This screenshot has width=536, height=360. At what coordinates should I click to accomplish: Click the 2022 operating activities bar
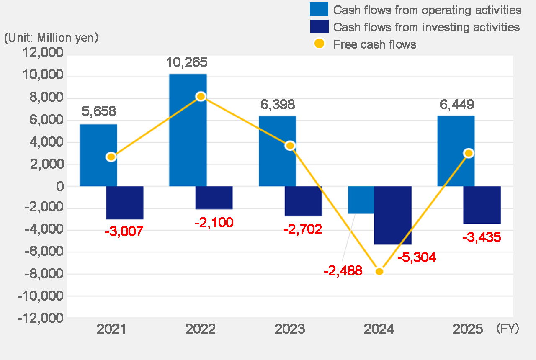(x=188, y=130)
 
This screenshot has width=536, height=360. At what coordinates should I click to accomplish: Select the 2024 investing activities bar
(x=392, y=215)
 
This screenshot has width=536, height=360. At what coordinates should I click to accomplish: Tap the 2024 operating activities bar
(x=361, y=200)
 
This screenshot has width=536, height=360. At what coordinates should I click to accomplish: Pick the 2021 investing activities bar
(x=125, y=203)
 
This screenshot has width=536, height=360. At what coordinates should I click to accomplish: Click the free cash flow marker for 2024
(x=379, y=271)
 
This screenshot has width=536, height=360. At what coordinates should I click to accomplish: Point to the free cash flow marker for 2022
(x=201, y=96)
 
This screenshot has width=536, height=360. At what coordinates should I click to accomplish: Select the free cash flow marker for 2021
(x=111, y=157)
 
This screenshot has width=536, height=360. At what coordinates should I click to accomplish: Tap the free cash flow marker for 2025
(x=469, y=153)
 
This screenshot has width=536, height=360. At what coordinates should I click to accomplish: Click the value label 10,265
(x=187, y=63)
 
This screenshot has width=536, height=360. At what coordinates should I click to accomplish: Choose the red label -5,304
(x=416, y=257)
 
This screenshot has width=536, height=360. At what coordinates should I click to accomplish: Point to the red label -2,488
(x=343, y=271)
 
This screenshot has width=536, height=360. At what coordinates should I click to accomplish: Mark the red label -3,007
(x=124, y=231)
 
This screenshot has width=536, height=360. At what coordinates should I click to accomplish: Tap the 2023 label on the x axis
(x=290, y=329)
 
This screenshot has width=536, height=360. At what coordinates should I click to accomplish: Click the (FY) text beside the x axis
(x=508, y=329)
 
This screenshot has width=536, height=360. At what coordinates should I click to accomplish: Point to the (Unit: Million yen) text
(x=51, y=38)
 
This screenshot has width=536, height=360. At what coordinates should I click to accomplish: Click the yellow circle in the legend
(x=319, y=44)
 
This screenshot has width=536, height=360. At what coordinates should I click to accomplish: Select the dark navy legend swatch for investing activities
(x=319, y=27)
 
